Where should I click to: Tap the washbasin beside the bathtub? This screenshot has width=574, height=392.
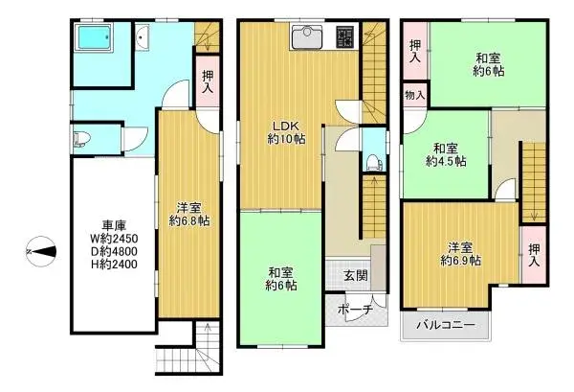pyautogui.click(x=142, y=38)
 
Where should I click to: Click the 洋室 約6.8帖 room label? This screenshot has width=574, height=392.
pyautogui.click(x=189, y=213)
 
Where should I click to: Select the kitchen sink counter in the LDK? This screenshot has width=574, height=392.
pyautogui.click(x=310, y=37)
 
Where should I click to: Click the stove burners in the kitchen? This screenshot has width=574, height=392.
pyautogui.click(x=344, y=36)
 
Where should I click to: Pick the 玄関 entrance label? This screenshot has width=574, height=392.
pyautogui.click(x=355, y=277)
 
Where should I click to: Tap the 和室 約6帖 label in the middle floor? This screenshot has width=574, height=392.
pyautogui.click(x=281, y=278)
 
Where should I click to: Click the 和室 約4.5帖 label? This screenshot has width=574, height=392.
pyautogui.click(x=446, y=154)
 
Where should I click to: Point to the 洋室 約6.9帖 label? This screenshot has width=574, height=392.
pyautogui.click(x=460, y=252)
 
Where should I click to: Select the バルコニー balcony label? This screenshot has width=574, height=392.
pyautogui.click(x=446, y=326)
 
